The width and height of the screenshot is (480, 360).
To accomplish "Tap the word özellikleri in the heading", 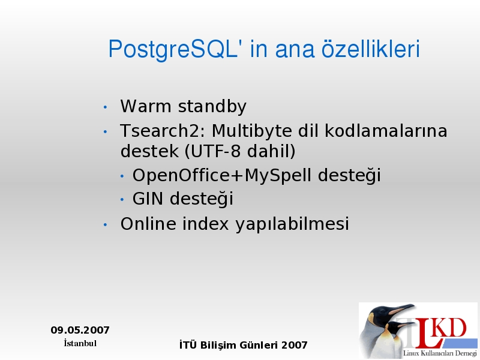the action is [x=370, y=49].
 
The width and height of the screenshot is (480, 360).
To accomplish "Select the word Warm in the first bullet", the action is [x=146, y=106].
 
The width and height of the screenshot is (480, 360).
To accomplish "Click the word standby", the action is [x=212, y=107].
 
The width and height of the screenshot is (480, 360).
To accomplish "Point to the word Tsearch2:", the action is [x=163, y=131].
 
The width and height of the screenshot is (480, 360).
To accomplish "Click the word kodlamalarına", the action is [x=386, y=131].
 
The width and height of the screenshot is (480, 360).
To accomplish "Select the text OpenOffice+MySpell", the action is [x=221, y=175].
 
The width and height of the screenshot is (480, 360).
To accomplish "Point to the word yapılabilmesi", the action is [x=292, y=224].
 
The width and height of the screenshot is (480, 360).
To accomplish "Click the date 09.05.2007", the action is [x=80, y=330].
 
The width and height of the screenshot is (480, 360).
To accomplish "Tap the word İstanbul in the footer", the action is [x=80, y=343].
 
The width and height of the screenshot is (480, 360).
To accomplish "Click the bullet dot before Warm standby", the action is [x=105, y=107].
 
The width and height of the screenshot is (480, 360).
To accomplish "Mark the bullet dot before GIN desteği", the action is [x=122, y=199].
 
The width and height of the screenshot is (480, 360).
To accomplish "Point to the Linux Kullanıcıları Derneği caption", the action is [x=440, y=353].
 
